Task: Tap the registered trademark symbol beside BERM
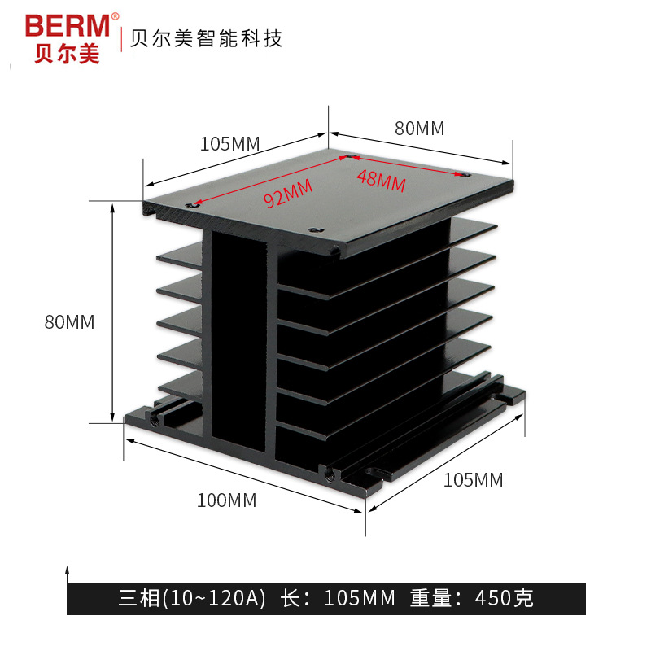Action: [x=115, y=16]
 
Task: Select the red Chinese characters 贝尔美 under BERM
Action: [x=67, y=53]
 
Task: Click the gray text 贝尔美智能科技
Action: [x=203, y=38]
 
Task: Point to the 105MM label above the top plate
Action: [x=229, y=144]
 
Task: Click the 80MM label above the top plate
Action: [x=420, y=128]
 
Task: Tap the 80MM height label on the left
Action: [x=69, y=322]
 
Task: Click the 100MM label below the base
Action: [x=226, y=500]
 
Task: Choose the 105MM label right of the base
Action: [x=473, y=480]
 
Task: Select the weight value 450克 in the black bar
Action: [x=505, y=599]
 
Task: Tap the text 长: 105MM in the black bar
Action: [x=337, y=599]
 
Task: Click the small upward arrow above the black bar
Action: [x=68, y=570]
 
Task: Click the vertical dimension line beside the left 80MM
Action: [x=112, y=313]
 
